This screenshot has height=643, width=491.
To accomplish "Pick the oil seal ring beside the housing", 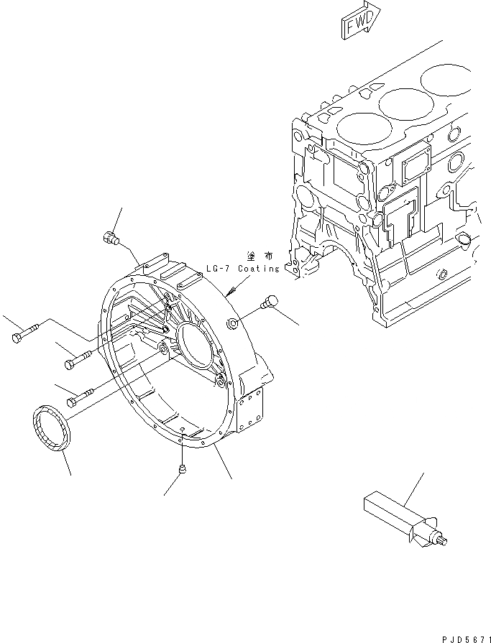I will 50,430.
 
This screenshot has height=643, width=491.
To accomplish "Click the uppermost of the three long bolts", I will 25,334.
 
